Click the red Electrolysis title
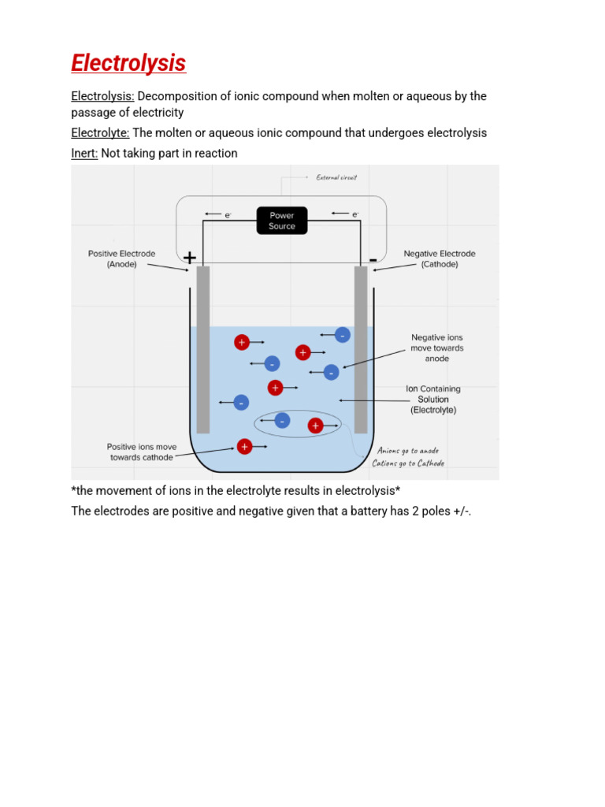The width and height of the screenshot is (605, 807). point(128,63)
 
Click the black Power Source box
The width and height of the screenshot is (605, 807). point(282,221)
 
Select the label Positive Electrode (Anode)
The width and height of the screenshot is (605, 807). point(122,259)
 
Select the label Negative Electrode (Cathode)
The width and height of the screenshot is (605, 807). point(440,259)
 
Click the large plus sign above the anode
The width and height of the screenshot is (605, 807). point(190,258)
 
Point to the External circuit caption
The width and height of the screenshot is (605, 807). point(336,177)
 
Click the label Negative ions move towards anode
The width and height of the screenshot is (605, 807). point(437,348)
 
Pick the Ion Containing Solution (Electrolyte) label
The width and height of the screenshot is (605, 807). point(433,400)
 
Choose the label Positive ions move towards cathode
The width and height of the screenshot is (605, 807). point(143,452)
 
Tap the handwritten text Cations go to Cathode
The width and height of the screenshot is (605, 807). point(408,463)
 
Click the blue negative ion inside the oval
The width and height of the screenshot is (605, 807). point(282,419)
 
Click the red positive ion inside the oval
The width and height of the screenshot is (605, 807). point(315,426)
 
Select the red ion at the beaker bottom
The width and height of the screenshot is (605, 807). point(244,447)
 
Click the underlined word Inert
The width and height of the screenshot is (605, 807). point(84,154)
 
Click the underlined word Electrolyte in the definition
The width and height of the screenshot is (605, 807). point(100,132)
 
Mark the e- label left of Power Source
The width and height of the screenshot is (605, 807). point(228,214)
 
